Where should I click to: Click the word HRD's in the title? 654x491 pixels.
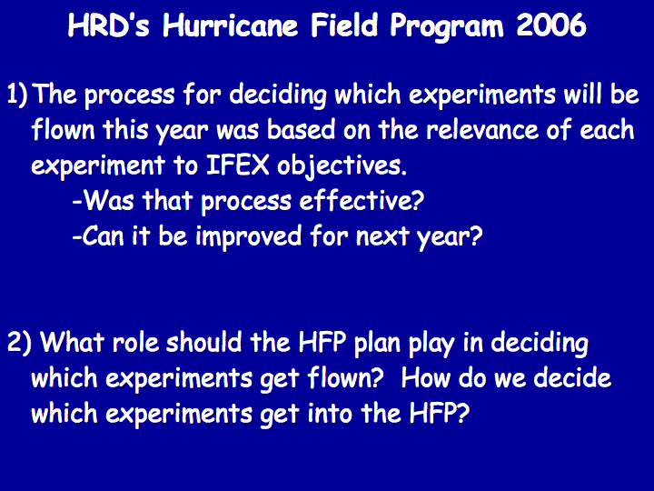(x=108, y=25)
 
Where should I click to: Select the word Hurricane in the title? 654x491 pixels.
(x=230, y=25)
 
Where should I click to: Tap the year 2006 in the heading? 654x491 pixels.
(x=551, y=25)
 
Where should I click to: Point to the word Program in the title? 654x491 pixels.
(x=447, y=27)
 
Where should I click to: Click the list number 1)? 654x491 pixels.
(x=17, y=95)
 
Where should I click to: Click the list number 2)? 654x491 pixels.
(x=19, y=343)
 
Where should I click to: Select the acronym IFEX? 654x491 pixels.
(x=237, y=165)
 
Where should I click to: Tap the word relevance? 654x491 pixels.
(x=482, y=129)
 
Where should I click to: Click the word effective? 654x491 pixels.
(x=362, y=200)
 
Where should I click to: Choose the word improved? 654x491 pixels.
(x=248, y=237)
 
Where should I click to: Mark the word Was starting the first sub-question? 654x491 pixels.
(x=106, y=200)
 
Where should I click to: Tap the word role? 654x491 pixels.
(x=135, y=343)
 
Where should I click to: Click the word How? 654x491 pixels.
(x=425, y=378)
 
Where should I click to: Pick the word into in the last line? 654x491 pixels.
(x=329, y=414)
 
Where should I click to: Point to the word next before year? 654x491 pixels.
(x=382, y=237)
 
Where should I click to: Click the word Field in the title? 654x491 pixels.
(x=344, y=25)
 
